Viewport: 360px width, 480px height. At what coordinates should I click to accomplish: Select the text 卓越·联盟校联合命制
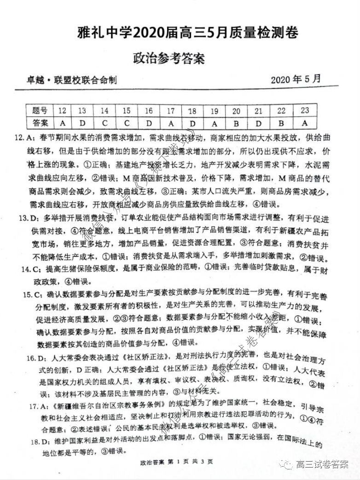pyautogui.click(x=71, y=80)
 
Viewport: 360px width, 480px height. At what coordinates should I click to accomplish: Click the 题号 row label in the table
pyautogui.click(x=40, y=111)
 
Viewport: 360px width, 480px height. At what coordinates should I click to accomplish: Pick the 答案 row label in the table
pyautogui.click(x=40, y=123)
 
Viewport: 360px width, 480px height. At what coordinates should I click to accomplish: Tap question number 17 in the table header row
pyautogui.click(x=170, y=111)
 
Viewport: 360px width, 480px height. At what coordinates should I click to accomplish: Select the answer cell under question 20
pyautogui.click(x=236, y=123)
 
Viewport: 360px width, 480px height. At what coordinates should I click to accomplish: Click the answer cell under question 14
pyautogui.click(x=105, y=123)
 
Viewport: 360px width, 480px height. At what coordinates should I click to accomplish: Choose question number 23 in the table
pyautogui.click(x=304, y=110)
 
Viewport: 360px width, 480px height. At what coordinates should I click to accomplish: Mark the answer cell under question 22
pyautogui.click(x=282, y=123)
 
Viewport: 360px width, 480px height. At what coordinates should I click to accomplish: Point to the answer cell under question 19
pyautogui.click(x=215, y=123)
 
